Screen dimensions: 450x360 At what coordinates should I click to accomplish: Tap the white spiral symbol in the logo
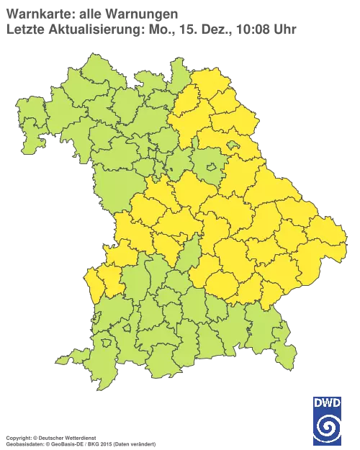coord(328,428)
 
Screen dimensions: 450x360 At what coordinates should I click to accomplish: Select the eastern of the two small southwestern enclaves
coord(127,328)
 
